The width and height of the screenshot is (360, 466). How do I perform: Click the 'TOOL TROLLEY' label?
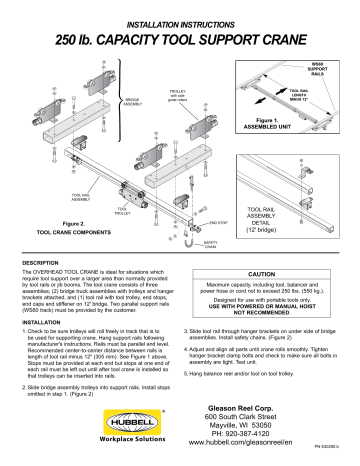(x=123, y=213)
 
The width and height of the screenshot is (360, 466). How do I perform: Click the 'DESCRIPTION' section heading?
(x=38, y=265)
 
